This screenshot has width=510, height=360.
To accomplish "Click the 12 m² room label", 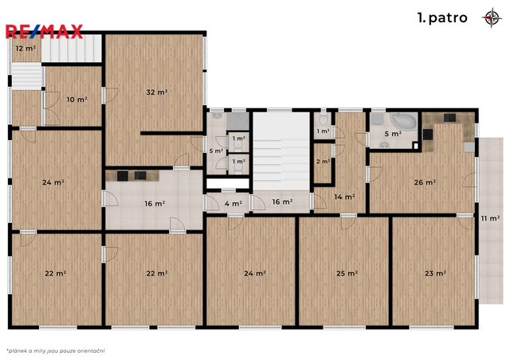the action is click(x=25, y=49).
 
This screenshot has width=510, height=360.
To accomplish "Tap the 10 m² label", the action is click(x=76, y=100).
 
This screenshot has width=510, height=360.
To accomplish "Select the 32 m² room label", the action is click(x=157, y=92).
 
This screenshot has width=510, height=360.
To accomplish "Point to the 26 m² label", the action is click(x=425, y=182).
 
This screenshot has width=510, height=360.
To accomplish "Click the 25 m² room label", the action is click(x=347, y=273).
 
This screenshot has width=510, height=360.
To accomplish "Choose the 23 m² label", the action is click(x=435, y=273).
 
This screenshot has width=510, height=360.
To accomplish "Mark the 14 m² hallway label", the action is click(x=344, y=197).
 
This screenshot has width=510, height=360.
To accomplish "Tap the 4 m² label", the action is click(x=233, y=204).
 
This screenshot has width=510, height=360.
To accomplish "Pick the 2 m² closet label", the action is click(x=324, y=162).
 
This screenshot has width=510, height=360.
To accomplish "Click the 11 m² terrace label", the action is click(x=490, y=218).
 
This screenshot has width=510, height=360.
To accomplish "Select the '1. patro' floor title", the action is click(x=442, y=18).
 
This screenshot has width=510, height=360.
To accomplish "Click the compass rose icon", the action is click(x=492, y=18).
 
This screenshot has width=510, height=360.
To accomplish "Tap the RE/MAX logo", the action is click(x=45, y=32).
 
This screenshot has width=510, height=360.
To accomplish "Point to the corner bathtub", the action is click(x=403, y=122).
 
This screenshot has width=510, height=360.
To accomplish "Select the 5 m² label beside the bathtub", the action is click(x=393, y=134).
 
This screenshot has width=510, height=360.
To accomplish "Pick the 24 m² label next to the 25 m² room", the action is click(x=255, y=273).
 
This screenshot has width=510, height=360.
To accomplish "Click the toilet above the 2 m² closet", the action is click(x=323, y=119).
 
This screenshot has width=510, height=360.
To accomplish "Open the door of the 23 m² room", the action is click(x=465, y=222).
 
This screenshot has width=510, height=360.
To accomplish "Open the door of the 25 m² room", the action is click(x=348, y=222).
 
